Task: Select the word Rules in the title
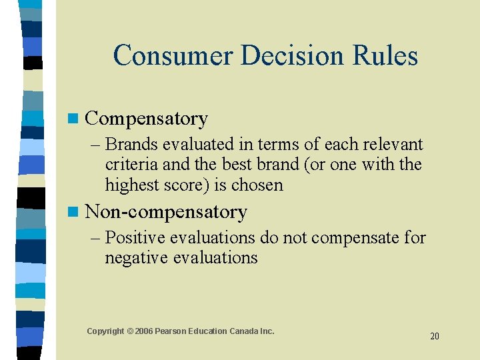coord(387,55)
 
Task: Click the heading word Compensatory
coord(147,119)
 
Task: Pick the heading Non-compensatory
coord(166,212)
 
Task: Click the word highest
coord(132,185)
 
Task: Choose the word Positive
coord(137,237)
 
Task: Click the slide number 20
coord(434,336)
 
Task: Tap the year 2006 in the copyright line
coord(144,331)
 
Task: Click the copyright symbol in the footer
coord(130,331)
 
